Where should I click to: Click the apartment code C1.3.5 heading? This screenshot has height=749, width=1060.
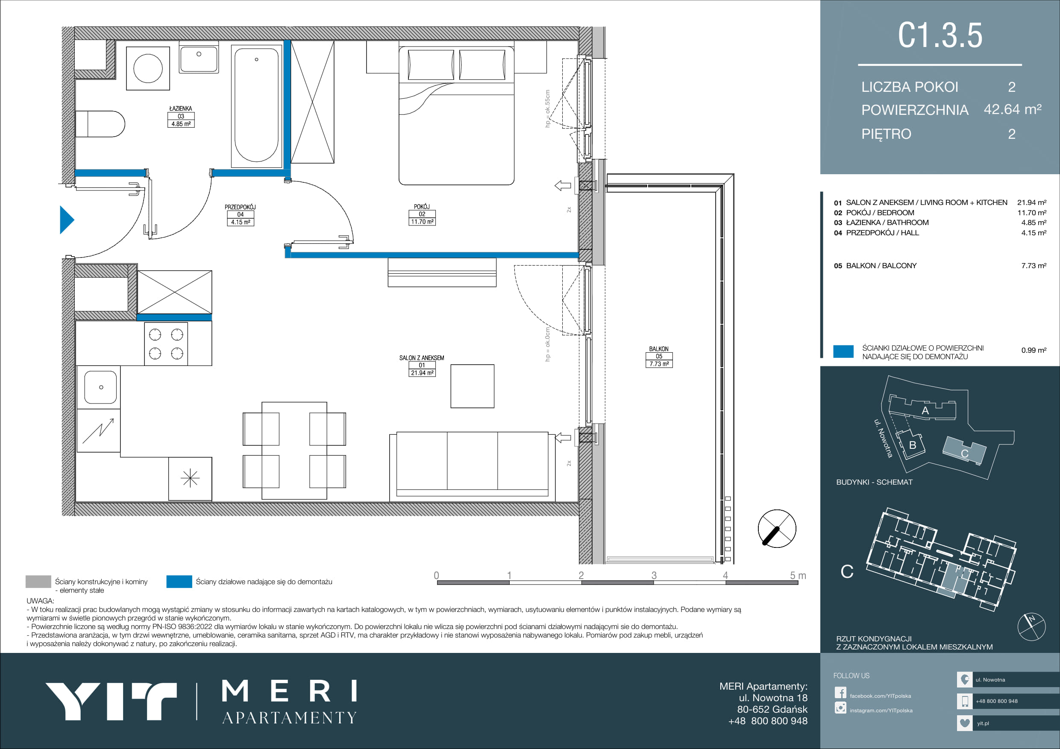pos(940,35)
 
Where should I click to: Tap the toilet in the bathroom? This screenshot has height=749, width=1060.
pos(100,124)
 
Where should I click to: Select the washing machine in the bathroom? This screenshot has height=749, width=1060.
pos(148,68)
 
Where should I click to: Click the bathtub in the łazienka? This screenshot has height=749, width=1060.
pos(256,105)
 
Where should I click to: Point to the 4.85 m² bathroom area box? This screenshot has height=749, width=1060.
pos(181,124)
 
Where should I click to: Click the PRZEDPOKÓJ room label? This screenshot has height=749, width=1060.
pos(240,207)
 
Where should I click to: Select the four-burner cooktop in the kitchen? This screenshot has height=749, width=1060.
pos(166,344)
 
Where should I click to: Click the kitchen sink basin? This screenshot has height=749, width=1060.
pos(100,387)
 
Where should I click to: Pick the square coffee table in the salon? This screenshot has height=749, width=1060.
pos(472,386)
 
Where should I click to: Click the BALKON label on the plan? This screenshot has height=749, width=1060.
pos(659,349)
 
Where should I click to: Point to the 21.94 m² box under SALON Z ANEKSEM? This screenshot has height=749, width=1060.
pos(422,373)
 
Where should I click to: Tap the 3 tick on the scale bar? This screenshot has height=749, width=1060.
pos(654,575)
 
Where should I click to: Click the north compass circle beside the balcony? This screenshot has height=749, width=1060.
pos(777,528)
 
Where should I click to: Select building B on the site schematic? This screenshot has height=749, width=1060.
pos(910,445)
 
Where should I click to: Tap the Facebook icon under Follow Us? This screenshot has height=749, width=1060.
pos(840,693)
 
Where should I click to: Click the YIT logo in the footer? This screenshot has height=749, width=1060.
pos(111,701)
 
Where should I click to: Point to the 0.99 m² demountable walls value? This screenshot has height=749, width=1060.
pos(1034,350)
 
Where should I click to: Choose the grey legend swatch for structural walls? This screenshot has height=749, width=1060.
pos(38,582)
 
